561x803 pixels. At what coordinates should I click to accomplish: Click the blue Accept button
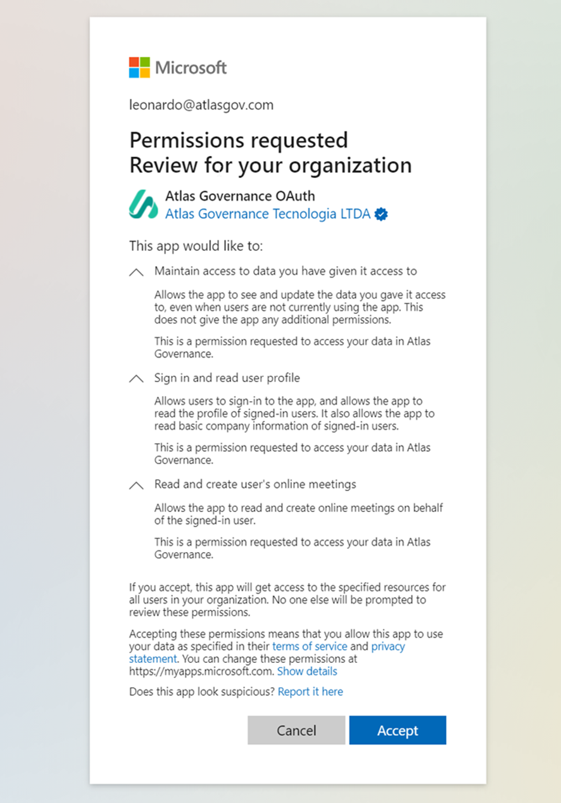click(x=397, y=730)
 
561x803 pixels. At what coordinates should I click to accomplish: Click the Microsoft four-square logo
click(x=139, y=67)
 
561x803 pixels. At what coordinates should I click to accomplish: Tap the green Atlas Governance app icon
click(x=144, y=205)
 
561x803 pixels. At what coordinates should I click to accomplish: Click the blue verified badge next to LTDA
click(x=381, y=214)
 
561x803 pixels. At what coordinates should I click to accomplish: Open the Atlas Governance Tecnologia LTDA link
click(x=267, y=214)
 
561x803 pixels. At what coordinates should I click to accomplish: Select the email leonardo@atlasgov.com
click(x=201, y=105)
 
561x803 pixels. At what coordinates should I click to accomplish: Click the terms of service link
click(x=310, y=646)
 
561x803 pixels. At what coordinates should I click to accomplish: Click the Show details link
click(x=307, y=671)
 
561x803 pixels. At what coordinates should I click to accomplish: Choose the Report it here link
click(x=310, y=691)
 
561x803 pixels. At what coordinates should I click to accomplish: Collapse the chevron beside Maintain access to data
click(x=136, y=272)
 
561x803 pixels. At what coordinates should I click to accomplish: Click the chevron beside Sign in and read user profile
click(x=136, y=378)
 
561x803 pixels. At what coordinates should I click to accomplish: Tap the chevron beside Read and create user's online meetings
click(x=136, y=485)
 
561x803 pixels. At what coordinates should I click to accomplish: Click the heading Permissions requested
click(x=239, y=140)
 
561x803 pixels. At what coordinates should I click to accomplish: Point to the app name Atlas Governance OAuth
click(x=240, y=196)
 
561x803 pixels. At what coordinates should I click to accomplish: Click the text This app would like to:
click(x=196, y=245)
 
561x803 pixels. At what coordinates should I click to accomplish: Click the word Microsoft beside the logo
click(x=191, y=68)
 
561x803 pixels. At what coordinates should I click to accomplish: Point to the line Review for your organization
click(x=270, y=165)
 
